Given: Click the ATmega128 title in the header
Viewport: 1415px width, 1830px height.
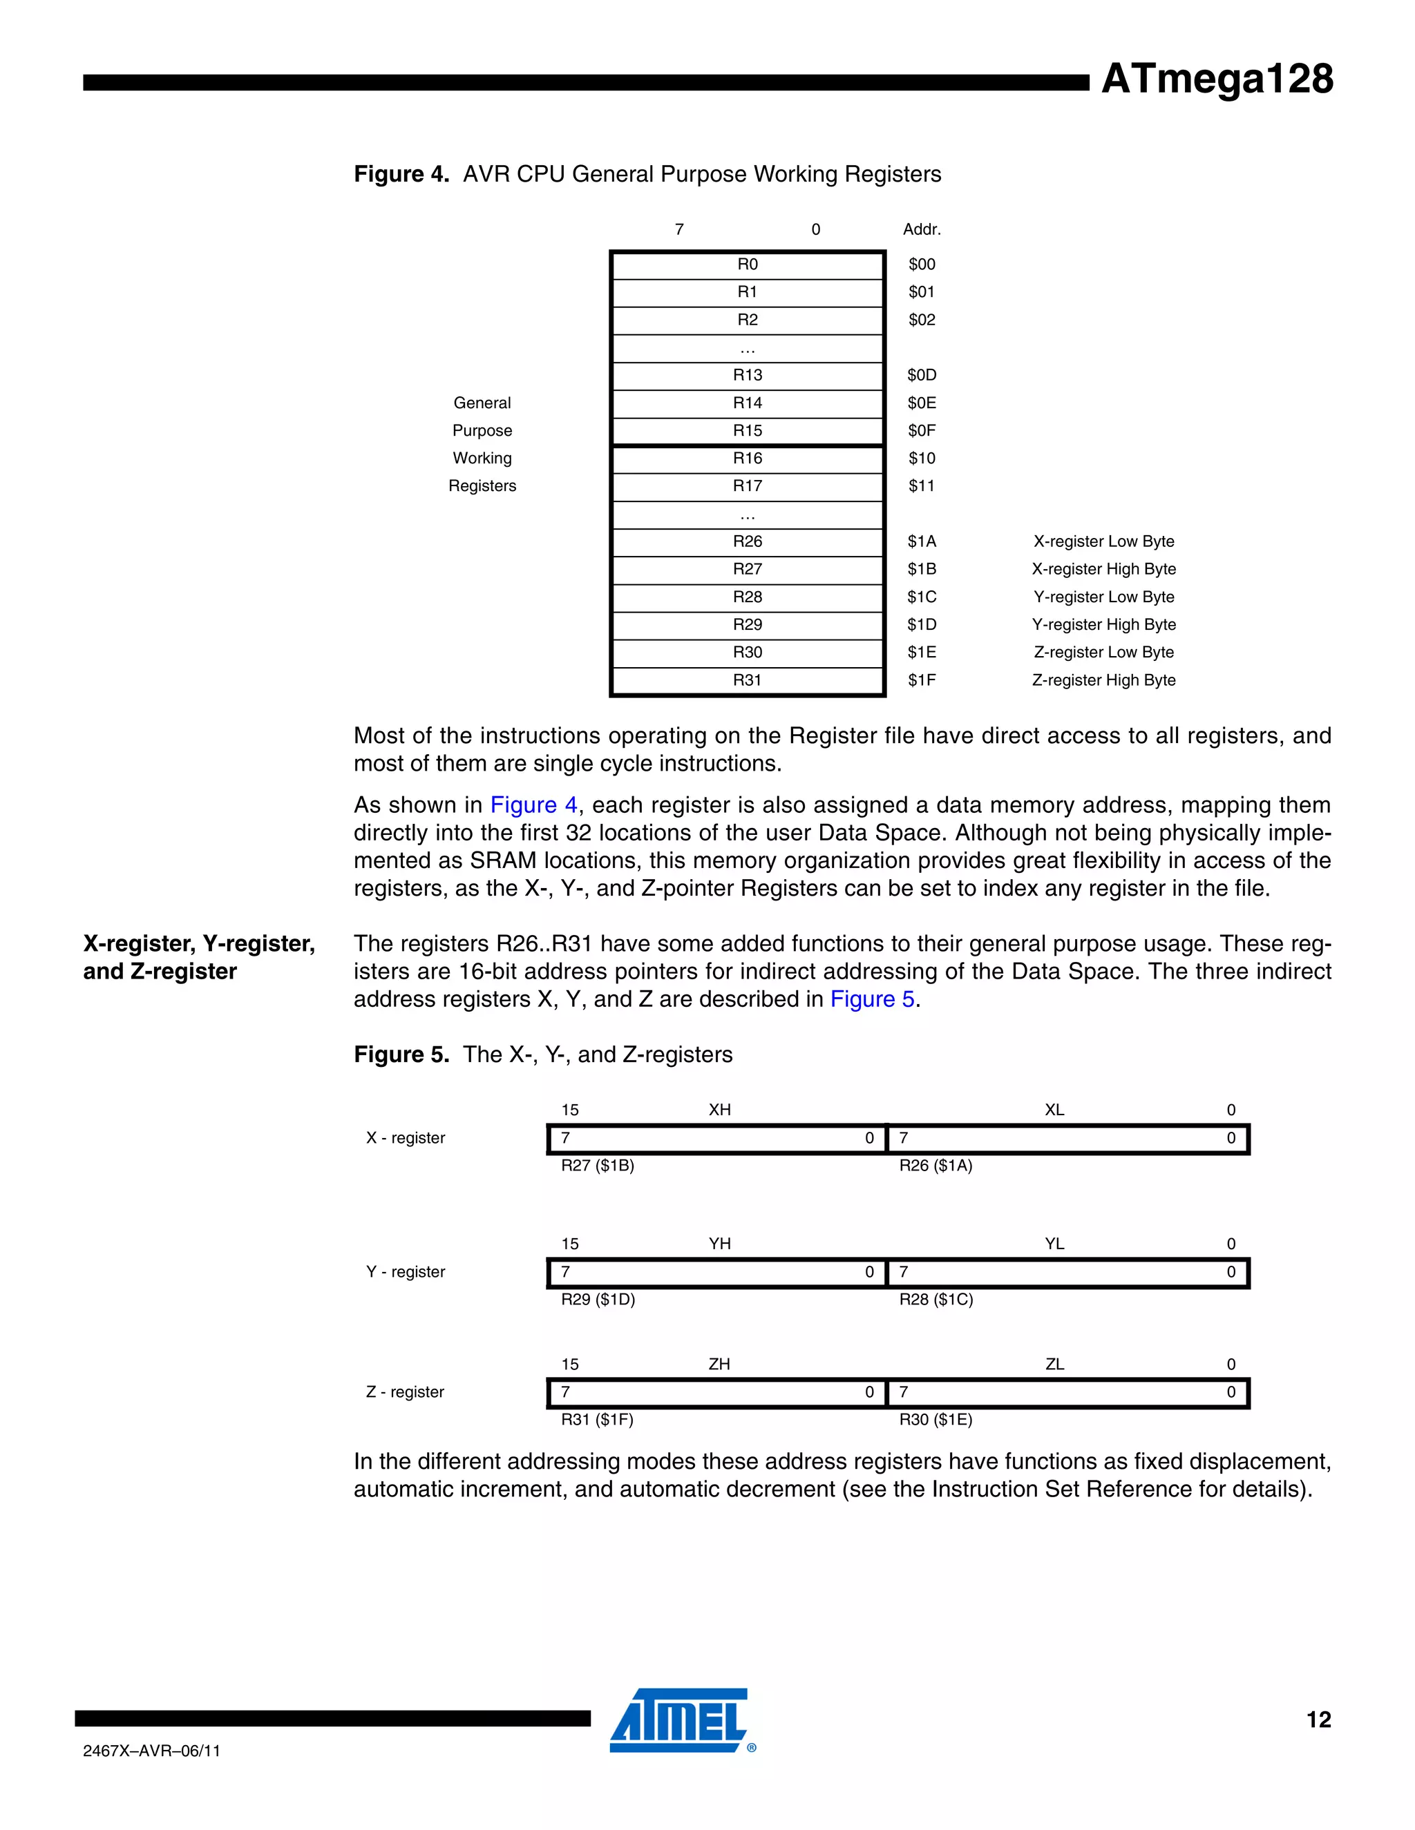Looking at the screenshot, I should coord(1216,79).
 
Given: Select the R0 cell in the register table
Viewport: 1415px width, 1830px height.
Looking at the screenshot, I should coord(747,264).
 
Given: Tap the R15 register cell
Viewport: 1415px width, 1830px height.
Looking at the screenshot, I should coord(747,431).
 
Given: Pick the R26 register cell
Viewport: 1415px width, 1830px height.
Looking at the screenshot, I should coord(747,541).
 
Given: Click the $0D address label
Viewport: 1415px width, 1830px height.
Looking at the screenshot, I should coord(921,376).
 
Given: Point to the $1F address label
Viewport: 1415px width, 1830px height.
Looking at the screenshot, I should coord(921,680).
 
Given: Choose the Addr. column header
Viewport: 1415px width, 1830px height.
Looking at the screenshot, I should coord(921,229).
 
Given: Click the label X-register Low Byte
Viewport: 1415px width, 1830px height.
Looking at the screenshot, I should coord(1103,541).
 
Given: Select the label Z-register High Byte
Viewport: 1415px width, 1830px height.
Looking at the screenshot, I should coord(1103,680).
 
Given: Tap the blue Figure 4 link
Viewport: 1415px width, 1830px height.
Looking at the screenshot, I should coord(533,805).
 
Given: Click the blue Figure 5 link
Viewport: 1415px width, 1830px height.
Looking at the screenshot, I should coord(872,1000).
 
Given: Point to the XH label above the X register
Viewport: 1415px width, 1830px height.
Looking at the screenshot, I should coord(719,1110).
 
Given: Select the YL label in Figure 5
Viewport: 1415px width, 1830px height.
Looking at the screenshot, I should coord(1054,1244).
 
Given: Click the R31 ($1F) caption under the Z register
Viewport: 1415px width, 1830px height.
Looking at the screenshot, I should coord(597,1419).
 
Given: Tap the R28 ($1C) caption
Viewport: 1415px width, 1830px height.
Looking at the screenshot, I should coord(936,1300).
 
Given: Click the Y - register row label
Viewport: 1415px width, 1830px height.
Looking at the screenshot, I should coord(405,1272).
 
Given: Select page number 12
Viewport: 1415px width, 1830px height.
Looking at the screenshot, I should coord(1318,1720).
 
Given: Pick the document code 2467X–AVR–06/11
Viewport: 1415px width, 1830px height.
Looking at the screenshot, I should coord(152,1751).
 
